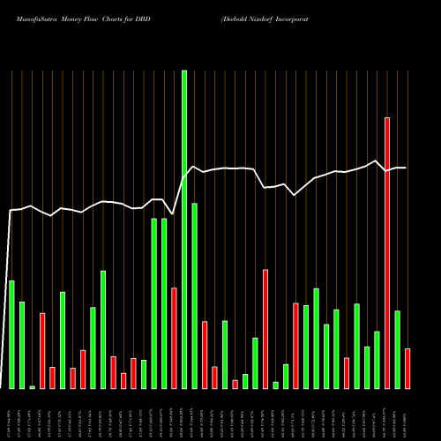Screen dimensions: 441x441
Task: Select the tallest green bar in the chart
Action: (x=184, y=229)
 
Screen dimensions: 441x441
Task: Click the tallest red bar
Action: (x=387, y=253)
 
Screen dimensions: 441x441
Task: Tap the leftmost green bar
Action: (x=11, y=334)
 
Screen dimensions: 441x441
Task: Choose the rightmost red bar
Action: (x=407, y=369)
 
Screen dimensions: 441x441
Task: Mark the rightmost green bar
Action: (x=398, y=349)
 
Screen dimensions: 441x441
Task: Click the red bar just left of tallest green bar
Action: (x=175, y=338)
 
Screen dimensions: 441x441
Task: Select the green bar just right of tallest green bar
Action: (x=195, y=295)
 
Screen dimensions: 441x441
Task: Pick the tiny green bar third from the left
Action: (x=33, y=387)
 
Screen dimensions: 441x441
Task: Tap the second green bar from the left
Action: (x=22, y=345)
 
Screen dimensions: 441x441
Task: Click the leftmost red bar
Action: (x=42, y=351)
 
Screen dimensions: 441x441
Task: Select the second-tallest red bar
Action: (x=265, y=329)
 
